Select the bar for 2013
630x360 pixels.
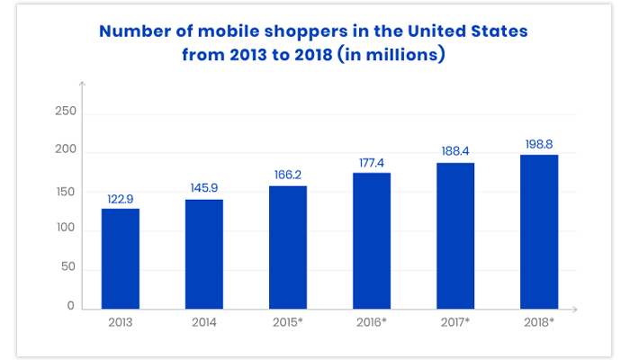[x=120, y=258]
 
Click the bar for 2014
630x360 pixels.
[x=203, y=254]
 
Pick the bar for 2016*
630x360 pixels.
[x=372, y=240]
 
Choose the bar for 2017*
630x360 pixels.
[x=455, y=236]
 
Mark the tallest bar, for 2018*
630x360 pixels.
[x=539, y=231]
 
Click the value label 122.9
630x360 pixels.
[x=120, y=196]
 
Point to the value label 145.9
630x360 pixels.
[x=203, y=187]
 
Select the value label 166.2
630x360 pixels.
[x=287, y=174]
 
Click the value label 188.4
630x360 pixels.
[x=455, y=151]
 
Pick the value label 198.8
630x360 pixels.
[x=539, y=143]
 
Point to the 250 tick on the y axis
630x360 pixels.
[x=66, y=112]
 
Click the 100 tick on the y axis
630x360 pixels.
[x=66, y=229]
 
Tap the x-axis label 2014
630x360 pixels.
[x=203, y=323]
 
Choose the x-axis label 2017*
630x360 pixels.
[x=455, y=323]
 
